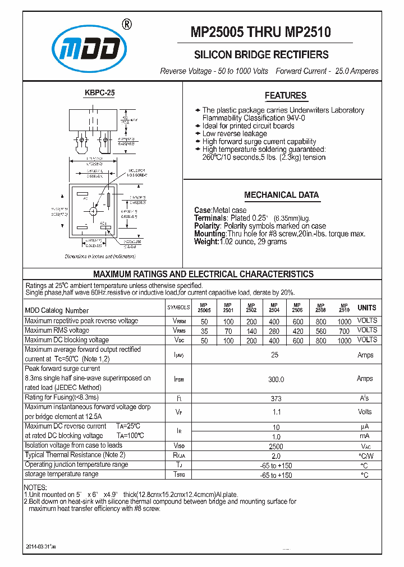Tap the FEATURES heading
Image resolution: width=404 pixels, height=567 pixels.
point(286,95)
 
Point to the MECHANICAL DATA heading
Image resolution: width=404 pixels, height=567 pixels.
point(281,195)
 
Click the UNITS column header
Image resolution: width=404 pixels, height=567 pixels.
point(367,308)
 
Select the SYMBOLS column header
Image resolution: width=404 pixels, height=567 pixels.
point(178,308)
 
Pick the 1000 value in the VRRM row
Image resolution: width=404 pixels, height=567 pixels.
point(345,321)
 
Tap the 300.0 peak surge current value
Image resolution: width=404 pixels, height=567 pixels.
point(276,379)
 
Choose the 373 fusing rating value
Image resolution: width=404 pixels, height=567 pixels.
point(276,398)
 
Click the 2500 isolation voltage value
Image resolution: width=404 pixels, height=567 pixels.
point(276,447)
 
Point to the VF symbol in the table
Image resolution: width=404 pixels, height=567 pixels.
point(178,412)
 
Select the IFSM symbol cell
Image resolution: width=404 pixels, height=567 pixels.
point(178,379)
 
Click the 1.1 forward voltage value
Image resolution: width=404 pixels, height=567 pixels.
point(276,412)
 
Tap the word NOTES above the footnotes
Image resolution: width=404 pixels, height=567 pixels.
point(36,488)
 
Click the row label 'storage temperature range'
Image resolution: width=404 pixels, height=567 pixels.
point(61,474)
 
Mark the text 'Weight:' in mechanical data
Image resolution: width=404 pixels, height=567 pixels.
point(206,241)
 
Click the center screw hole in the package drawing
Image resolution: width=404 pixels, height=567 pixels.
point(93,211)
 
